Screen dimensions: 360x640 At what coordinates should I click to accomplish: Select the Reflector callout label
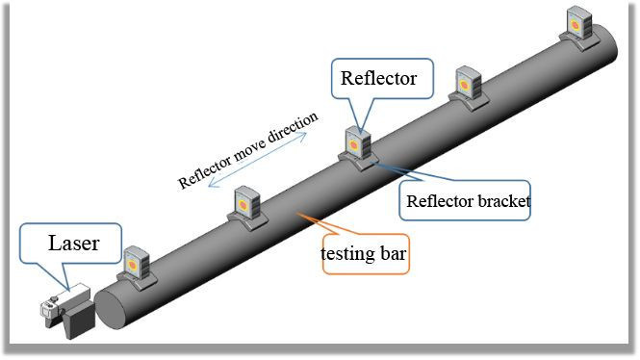coord(379,78)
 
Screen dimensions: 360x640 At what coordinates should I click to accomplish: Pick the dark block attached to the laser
coord(78,315)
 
